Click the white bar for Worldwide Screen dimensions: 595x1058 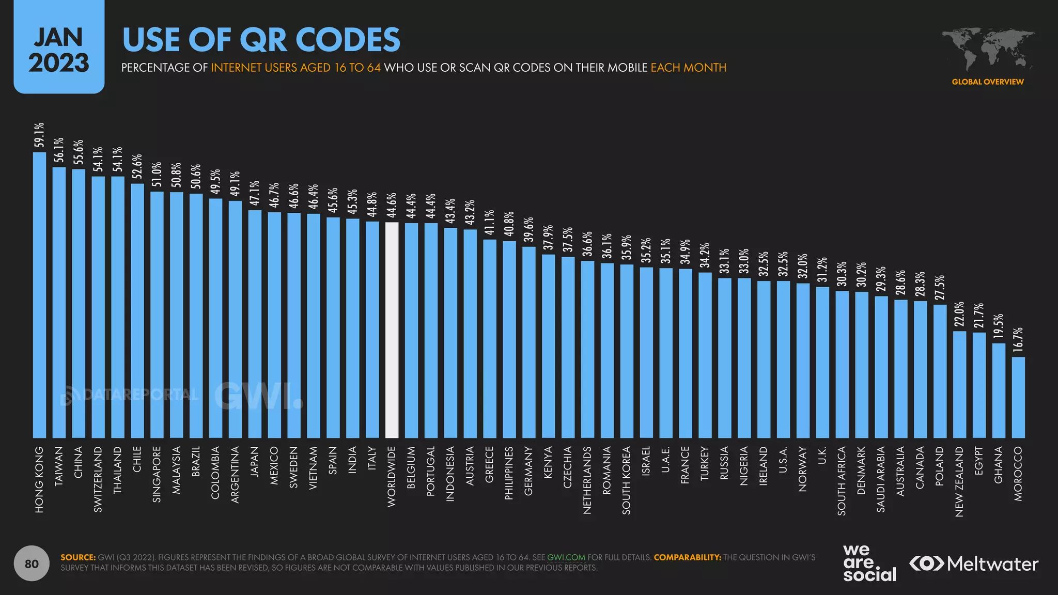[x=392, y=331]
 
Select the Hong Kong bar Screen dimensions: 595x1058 [x=39, y=294]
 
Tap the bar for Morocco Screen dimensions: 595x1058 [x=1018, y=398]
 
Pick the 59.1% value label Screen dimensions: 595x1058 [x=39, y=135]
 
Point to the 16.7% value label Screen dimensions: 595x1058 [x=1018, y=340]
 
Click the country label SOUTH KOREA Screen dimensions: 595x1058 [x=627, y=480]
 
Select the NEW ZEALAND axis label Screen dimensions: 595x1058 [x=959, y=481]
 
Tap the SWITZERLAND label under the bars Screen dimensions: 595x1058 [x=98, y=479]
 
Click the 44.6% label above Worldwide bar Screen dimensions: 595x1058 [x=392, y=205]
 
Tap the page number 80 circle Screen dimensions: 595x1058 [x=32, y=563]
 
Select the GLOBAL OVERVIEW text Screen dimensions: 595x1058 [x=987, y=82]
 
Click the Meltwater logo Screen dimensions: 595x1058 [x=974, y=563]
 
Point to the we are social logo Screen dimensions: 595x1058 [x=869, y=563]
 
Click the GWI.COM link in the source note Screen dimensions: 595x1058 [x=566, y=557]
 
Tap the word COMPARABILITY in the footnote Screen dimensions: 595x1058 [x=687, y=557]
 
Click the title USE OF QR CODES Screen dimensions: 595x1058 [x=261, y=40]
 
